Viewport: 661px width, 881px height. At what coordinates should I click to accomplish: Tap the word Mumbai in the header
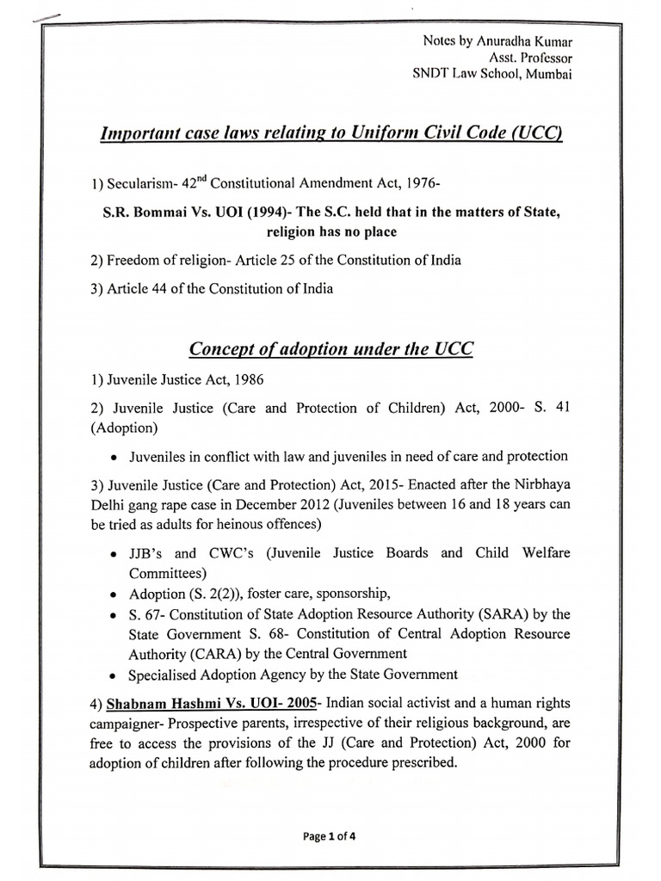click(547, 74)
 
